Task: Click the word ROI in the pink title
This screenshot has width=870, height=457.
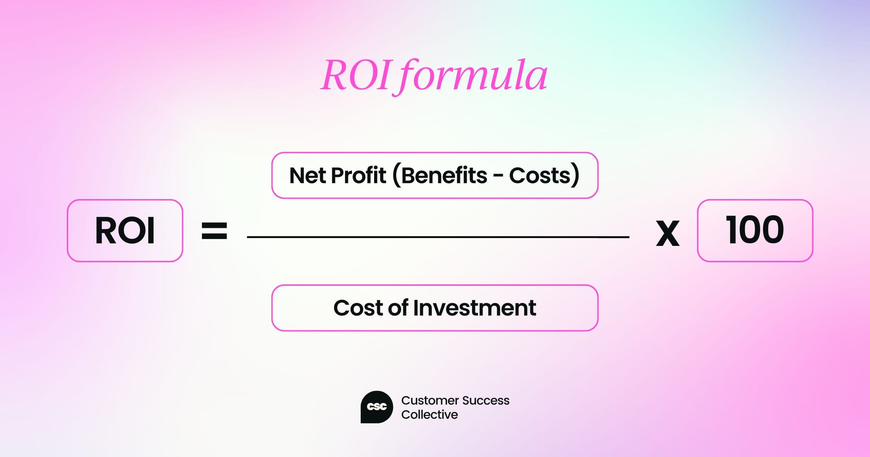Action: [x=355, y=76]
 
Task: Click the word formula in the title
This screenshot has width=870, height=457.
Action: [x=472, y=77]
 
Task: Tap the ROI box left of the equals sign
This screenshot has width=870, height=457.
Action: [x=125, y=231]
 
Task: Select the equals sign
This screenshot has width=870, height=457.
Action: [x=214, y=231]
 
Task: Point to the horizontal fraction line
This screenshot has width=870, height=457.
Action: [x=438, y=237]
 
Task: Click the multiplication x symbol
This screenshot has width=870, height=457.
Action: [x=667, y=234]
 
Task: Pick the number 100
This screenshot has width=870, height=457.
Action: [x=755, y=230]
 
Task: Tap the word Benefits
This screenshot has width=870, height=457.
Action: [x=444, y=175]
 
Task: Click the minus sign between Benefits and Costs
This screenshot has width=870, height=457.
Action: [x=498, y=176]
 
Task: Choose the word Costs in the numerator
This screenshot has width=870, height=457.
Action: [x=539, y=175]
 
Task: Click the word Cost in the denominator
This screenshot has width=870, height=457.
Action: [x=358, y=308]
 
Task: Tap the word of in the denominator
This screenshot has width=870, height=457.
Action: [x=398, y=308]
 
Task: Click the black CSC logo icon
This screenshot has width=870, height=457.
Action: [x=377, y=407]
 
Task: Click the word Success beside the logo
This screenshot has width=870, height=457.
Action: [x=486, y=400]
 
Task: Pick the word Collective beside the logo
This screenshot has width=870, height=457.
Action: [x=429, y=415]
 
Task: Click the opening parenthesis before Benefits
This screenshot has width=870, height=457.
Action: [x=396, y=175]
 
